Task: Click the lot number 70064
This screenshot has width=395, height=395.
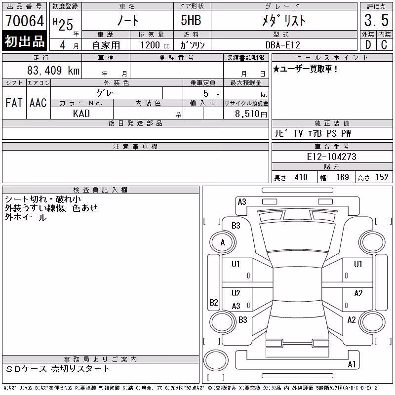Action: (25, 20)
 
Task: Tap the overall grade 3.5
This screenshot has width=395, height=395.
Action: (376, 20)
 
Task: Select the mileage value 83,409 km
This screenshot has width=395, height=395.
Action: (53, 70)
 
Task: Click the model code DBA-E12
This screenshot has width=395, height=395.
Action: (283, 45)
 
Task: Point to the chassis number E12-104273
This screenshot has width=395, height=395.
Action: (331, 157)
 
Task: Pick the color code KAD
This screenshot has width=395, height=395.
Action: (81, 114)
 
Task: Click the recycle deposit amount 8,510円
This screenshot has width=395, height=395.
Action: (251, 114)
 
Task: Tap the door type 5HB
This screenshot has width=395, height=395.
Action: (191, 20)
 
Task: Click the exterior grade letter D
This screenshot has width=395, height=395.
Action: (368, 45)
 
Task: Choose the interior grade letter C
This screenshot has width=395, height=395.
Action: (384, 45)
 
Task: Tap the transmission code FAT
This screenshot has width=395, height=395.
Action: (14, 103)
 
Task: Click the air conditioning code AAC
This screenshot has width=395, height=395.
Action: (38, 103)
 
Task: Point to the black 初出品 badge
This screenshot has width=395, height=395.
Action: (24, 41)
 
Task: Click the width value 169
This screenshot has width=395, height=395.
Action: (342, 177)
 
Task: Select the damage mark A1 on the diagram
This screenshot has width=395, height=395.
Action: (352, 364)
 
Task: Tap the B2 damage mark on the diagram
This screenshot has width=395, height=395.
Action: (214, 302)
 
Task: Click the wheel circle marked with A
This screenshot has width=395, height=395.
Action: (223, 242)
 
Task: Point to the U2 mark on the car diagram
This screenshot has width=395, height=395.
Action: (236, 293)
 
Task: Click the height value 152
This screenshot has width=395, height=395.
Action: (382, 177)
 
